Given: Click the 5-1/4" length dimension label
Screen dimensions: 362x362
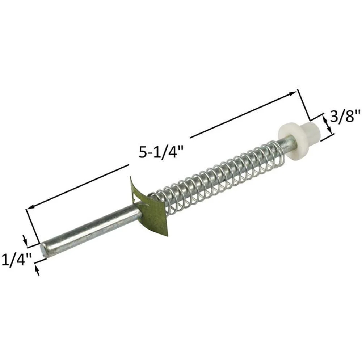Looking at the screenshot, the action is [x=161, y=152].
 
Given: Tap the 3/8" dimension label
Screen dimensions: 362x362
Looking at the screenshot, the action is [x=345, y=115].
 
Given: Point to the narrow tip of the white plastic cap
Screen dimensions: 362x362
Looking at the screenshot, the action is [x=312, y=132].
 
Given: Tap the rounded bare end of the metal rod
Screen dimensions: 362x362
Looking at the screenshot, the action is [x=43, y=249].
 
